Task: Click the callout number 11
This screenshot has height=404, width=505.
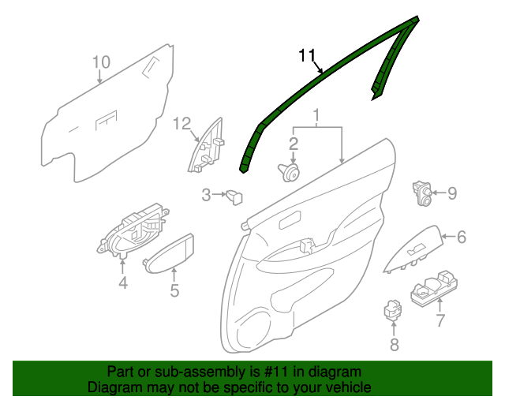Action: [307, 55]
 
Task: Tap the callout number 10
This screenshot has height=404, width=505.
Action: [100, 62]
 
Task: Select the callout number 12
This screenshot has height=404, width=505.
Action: [182, 123]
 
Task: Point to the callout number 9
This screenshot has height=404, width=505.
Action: [452, 192]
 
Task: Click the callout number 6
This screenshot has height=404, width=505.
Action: [462, 236]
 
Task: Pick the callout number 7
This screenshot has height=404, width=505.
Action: [440, 320]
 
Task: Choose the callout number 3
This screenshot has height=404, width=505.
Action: [205, 194]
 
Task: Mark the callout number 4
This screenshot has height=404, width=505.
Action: [123, 283]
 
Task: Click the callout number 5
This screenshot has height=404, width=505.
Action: [174, 291]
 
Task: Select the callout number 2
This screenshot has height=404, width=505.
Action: [293, 144]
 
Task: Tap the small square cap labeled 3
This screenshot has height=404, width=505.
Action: [234, 196]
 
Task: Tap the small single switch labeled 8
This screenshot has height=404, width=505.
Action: [392, 309]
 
